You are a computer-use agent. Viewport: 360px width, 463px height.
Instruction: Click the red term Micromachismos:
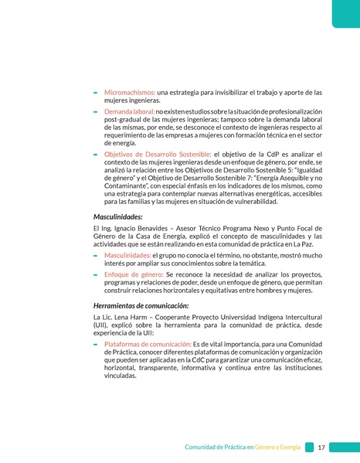(x=129, y=92)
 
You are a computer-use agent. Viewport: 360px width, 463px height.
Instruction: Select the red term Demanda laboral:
(x=129, y=112)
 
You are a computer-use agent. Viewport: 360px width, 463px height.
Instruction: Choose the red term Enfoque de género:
(x=133, y=274)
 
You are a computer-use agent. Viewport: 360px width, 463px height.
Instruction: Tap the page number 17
(x=321, y=447)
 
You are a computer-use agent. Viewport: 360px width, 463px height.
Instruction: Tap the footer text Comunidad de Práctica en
(x=219, y=448)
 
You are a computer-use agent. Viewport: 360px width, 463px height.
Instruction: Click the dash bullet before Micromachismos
(x=95, y=93)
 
